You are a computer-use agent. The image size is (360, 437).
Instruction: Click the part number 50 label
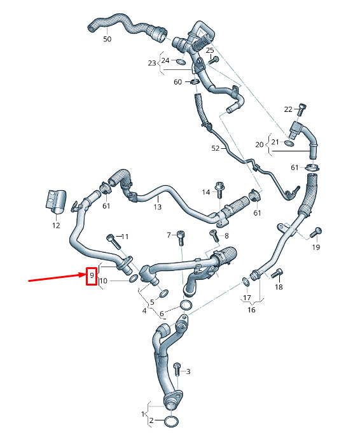[107, 39]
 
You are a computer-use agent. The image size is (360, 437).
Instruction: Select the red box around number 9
[92, 276]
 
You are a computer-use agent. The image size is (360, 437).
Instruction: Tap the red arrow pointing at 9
[57, 277]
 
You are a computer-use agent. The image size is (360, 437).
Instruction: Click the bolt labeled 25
[214, 60]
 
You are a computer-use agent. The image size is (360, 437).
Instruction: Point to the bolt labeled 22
[301, 109]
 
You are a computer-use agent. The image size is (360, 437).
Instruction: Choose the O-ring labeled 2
[171, 422]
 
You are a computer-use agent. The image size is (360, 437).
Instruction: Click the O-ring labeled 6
[186, 305]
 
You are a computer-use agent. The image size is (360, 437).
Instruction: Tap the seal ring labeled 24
[181, 61]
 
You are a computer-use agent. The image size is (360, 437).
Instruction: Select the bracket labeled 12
[56, 201]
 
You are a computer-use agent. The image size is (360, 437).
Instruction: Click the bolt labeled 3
[177, 370]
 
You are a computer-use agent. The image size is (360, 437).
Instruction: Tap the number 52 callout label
[216, 148]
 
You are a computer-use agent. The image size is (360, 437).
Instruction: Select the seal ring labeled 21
[289, 144]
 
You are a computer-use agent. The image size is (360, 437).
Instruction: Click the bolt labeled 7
[181, 238]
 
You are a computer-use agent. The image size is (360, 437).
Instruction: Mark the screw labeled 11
[114, 242]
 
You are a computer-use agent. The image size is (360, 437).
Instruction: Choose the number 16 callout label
[251, 310]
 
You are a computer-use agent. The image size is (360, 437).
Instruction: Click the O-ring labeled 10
[134, 278]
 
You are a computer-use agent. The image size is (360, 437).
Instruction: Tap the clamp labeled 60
[195, 82]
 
